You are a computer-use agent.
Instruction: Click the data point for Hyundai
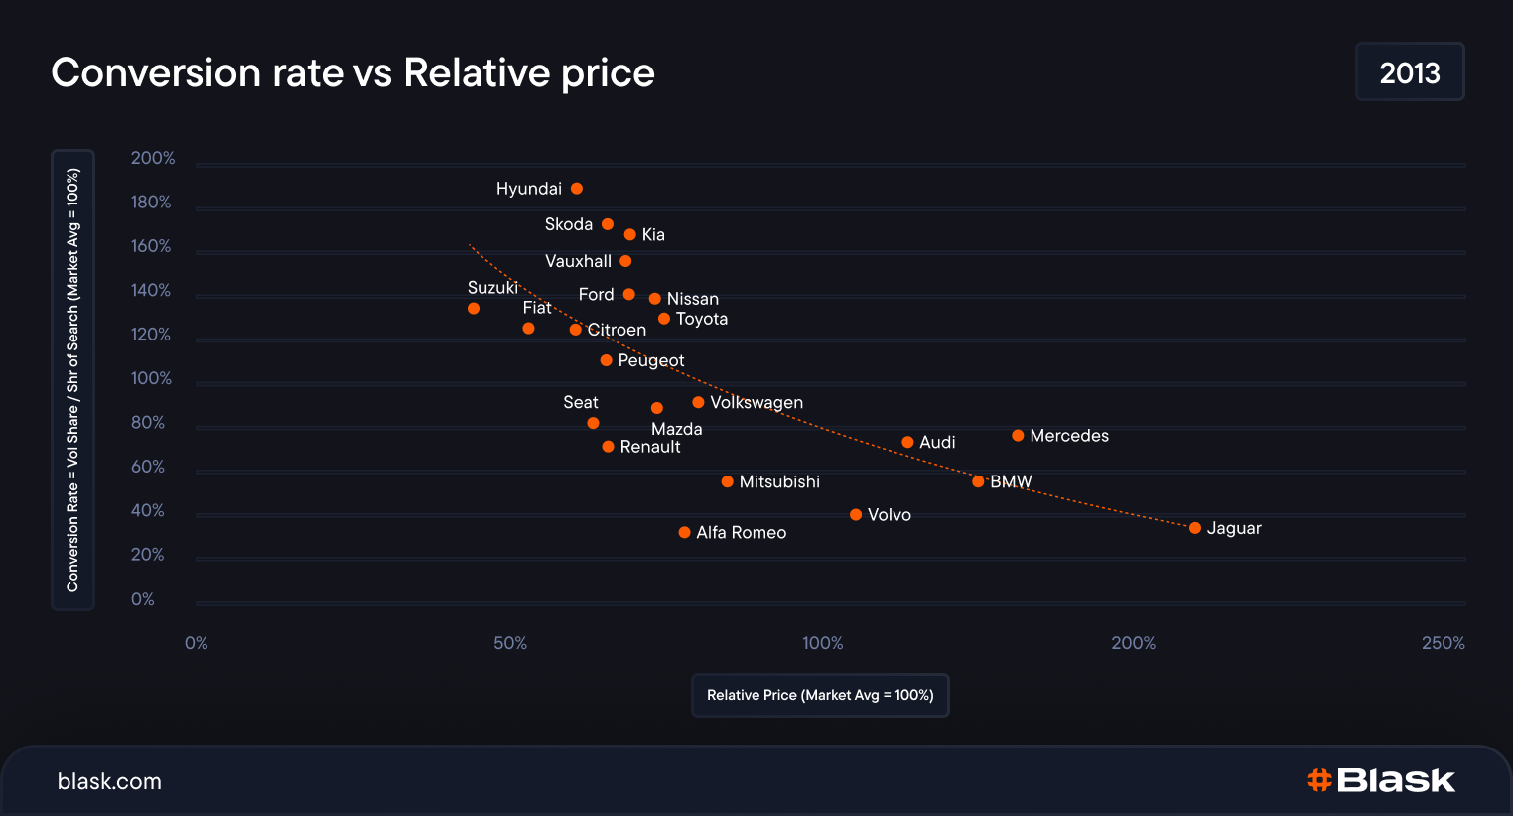(x=577, y=189)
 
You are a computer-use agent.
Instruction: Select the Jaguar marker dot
(x=1195, y=528)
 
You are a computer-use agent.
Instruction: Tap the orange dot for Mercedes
(x=1018, y=436)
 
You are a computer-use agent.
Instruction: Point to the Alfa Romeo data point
(x=684, y=533)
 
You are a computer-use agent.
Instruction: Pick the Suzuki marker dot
(x=474, y=309)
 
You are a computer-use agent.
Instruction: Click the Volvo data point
(x=856, y=515)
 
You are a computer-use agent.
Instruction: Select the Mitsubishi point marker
(x=728, y=482)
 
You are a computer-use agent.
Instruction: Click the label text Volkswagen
(x=756, y=402)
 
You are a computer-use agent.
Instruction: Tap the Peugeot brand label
(x=651, y=360)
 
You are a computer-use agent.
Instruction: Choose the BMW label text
(x=1011, y=481)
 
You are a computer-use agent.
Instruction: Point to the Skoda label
(x=569, y=224)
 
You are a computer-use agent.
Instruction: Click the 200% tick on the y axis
(x=153, y=158)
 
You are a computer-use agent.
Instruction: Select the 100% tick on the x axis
(x=823, y=643)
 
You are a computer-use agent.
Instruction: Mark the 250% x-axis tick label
(x=1443, y=643)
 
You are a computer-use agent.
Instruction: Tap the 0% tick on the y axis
(x=143, y=599)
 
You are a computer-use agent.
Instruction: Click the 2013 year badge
(x=1410, y=72)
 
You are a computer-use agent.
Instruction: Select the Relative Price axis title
(x=820, y=695)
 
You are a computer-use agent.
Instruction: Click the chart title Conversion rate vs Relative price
(x=352, y=72)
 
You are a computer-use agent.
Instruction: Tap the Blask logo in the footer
(x=1381, y=780)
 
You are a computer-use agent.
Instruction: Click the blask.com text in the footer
(x=109, y=781)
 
